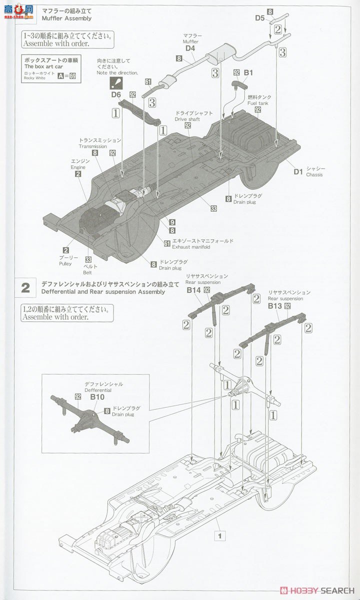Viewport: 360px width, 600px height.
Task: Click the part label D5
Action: click(259, 18)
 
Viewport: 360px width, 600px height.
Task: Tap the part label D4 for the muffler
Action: click(190, 48)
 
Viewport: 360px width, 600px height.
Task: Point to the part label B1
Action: click(248, 72)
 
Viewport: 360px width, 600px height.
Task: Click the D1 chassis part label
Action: click(298, 171)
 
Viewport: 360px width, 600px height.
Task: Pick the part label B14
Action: click(193, 290)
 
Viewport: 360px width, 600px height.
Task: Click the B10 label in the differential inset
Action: click(97, 396)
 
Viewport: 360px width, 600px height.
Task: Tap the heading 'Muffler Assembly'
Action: click(66, 18)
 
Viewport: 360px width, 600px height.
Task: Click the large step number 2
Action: click(25, 288)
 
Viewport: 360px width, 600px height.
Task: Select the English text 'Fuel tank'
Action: click(257, 102)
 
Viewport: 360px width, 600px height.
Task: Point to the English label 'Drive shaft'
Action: click(187, 119)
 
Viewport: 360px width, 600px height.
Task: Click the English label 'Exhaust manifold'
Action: click(191, 247)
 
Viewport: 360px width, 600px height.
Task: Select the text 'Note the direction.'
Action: click(117, 73)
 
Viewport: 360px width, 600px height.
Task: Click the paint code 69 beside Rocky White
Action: click(72, 76)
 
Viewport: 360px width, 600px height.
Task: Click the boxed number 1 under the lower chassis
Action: click(218, 535)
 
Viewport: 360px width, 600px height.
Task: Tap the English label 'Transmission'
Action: click(92, 146)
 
